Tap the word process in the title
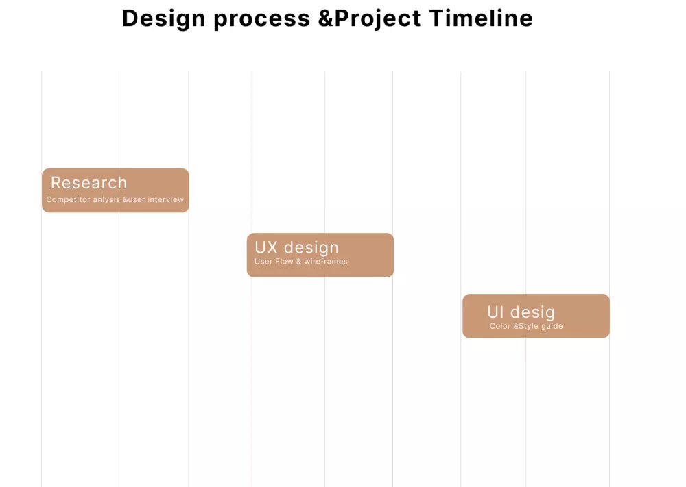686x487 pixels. (x=262, y=18)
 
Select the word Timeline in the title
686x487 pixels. (x=481, y=18)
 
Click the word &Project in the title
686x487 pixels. (x=370, y=18)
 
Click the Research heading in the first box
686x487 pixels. (x=88, y=183)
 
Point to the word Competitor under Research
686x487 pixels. (x=68, y=200)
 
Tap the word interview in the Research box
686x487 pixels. (x=165, y=200)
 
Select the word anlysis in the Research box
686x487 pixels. (x=106, y=200)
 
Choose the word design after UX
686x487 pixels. (x=311, y=247)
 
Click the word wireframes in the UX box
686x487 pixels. (x=326, y=262)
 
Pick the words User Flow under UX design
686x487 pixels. (x=274, y=262)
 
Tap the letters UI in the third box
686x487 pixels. (x=495, y=312)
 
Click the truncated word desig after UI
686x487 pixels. (x=532, y=312)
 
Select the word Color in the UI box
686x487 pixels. (x=500, y=326)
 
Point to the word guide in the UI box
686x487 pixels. (x=552, y=326)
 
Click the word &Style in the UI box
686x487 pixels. (x=526, y=326)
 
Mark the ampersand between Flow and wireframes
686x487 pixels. (x=298, y=262)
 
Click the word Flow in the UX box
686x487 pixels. (x=284, y=262)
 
